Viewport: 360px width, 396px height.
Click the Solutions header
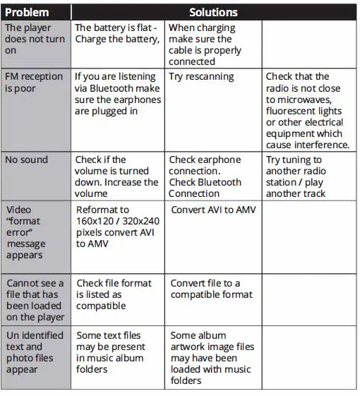[x=213, y=12]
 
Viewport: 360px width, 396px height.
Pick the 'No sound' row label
[x=26, y=160]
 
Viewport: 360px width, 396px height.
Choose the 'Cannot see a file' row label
[x=35, y=300]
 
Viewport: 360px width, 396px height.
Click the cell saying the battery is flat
[x=117, y=33]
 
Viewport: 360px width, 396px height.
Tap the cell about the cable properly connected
[x=205, y=44]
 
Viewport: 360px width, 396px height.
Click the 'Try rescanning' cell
[x=202, y=76]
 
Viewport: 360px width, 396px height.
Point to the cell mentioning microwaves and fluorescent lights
[x=307, y=110]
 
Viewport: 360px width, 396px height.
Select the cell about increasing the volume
[x=117, y=176]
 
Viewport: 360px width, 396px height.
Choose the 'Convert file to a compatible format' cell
[x=211, y=289]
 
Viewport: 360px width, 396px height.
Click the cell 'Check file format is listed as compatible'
[x=114, y=294]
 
